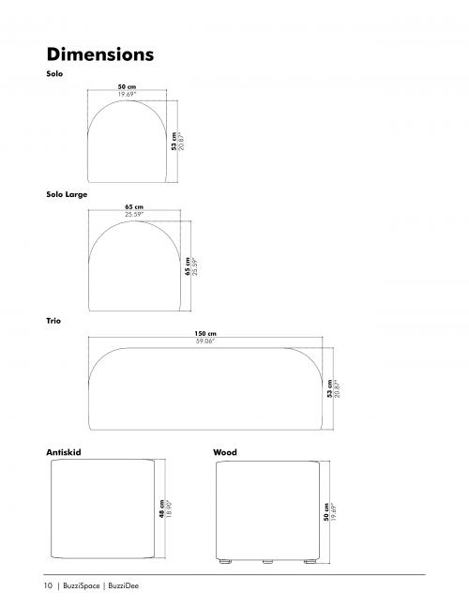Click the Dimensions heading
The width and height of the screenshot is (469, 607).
tap(99, 54)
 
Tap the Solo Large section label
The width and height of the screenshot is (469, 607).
tap(67, 194)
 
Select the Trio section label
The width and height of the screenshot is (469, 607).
tap(53, 321)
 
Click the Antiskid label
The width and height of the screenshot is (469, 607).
tap(64, 452)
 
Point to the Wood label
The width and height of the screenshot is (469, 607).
tap(225, 452)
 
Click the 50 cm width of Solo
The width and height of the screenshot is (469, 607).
tap(127, 86)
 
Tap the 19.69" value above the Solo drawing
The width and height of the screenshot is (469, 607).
tap(128, 94)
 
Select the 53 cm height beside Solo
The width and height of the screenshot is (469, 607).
tap(174, 141)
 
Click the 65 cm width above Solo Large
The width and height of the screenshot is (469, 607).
tap(134, 206)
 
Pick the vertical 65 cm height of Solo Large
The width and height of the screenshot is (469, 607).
tap(188, 266)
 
